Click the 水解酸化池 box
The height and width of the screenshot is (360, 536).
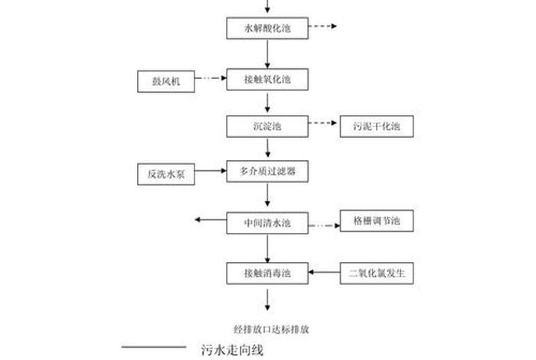point(267,28)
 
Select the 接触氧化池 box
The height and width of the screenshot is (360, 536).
point(267,78)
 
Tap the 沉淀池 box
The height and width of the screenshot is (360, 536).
point(267,126)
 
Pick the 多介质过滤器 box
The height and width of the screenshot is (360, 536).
point(267,173)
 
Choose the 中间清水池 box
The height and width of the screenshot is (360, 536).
point(267,224)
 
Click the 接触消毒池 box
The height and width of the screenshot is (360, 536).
point(267,273)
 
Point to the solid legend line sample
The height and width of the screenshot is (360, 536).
point(153,348)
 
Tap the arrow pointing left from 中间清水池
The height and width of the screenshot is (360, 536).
point(211,221)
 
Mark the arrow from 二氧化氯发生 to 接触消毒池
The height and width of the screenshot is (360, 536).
point(324,271)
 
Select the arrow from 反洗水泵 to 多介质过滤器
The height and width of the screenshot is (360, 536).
point(211,171)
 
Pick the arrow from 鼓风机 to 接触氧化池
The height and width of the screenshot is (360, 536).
point(211,77)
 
